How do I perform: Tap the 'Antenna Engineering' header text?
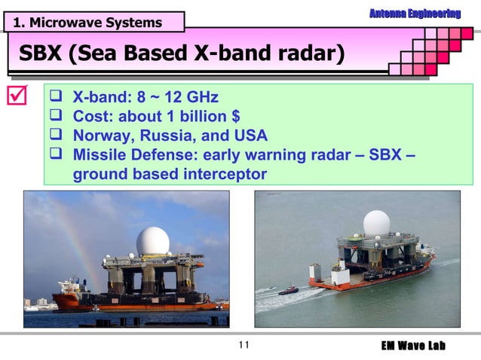point(415,14)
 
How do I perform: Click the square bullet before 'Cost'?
point(57,117)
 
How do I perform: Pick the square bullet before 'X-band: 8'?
point(57,97)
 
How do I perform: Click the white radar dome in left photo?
point(152,241)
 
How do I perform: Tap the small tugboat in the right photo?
point(288,290)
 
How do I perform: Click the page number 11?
point(242,346)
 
